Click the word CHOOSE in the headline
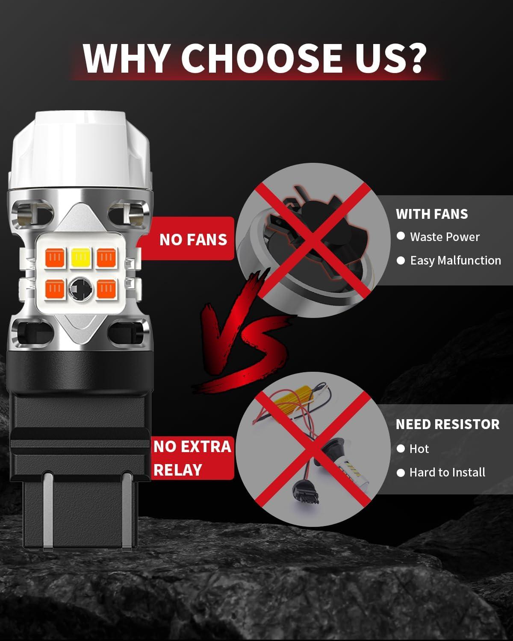[262, 59]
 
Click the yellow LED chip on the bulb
[81, 257]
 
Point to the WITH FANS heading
[432, 214]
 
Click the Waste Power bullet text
[445, 237]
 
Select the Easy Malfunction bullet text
[455, 261]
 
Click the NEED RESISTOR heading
[448, 424]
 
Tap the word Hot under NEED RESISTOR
[419, 449]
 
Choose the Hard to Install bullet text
[447, 472]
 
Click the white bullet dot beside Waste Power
[401, 236]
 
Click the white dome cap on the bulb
[80, 149]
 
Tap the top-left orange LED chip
[55, 257]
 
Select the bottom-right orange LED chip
[106, 288]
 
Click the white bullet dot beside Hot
[401, 448]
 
